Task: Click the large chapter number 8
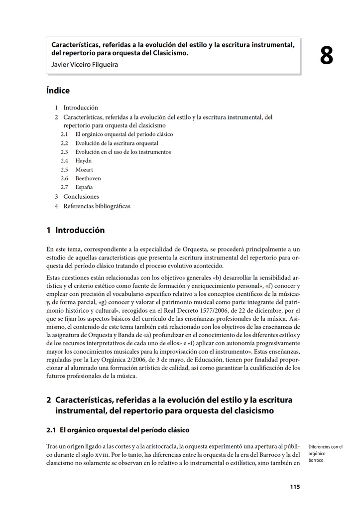pyautogui.click(x=326, y=56)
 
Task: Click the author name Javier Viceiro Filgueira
pyautogui.click(x=85, y=64)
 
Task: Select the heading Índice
pyautogui.click(x=58, y=91)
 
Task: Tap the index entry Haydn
pyautogui.click(x=84, y=161)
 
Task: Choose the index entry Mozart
pyautogui.click(x=84, y=170)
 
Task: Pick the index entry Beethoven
pyautogui.click(x=88, y=178)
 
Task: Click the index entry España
pyautogui.click(x=84, y=187)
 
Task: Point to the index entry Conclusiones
pyautogui.click(x=81, y=197)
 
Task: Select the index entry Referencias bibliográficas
pyautogui.click(x=97, y=206)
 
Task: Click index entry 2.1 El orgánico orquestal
pyautogui.click(x=124, y=134)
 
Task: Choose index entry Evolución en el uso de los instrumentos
pyautogui.click(x=123, y=152)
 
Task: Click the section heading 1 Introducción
pyautogui.click(x=76, y=230)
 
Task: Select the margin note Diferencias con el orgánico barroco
pyautogui.click(x=325, y=454)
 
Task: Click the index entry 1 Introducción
pyautogui.click(x=80, y=108)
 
